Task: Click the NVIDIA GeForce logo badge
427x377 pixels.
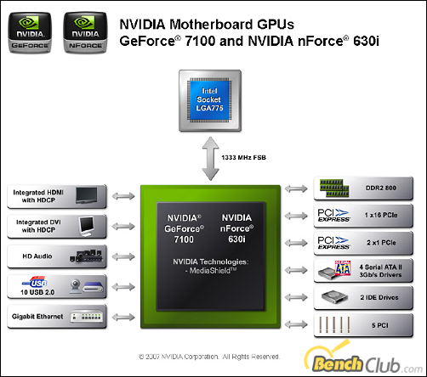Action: pyautogui.click(x=30, y=32)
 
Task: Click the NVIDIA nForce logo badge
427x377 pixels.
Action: pyautogui.click(x=85, y=32)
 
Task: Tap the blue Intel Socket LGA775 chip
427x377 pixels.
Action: pyautogui.click(x=209, y=99)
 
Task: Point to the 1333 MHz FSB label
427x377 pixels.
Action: pyautogui.click(x=243, y=158)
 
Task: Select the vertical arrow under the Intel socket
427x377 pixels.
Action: pyautogui.click(x=210, y=159)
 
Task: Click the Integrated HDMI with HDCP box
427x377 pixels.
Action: pyautogui.click(x=57, y=196)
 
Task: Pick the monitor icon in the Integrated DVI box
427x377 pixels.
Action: pyautogui.click(x=86, y=227)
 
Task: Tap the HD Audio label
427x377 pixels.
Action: pyautogui.click(x=37, y=256)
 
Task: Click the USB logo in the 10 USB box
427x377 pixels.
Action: pyautogui.click(x=35, y=282)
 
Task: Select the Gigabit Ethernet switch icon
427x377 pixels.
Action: pyautogui.click(x=86, y=317)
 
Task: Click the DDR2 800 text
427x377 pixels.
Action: pyautogui.click(x=381, y=188)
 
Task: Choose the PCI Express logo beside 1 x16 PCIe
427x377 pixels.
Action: pyautogui.click(x=333, y=216)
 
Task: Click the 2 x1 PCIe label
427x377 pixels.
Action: pyautogui.click(x=381, y=243)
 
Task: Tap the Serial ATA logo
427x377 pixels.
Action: pyautogui.click(x=343, y=268)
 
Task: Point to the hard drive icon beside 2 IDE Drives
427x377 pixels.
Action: pyautogui.click(x=334, y=297)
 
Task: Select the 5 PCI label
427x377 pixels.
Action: pyautogui.click(x=380, y=325)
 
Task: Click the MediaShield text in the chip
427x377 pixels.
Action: pyautogui.click(x=211, y=271)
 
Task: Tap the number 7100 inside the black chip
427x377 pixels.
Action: pyautogui.click(x=184, y=239)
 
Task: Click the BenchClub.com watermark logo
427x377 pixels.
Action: pyautogui.click(x=363, y=358)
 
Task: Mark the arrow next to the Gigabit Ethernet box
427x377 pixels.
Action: pyautogui.click(x=123, y=317)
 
